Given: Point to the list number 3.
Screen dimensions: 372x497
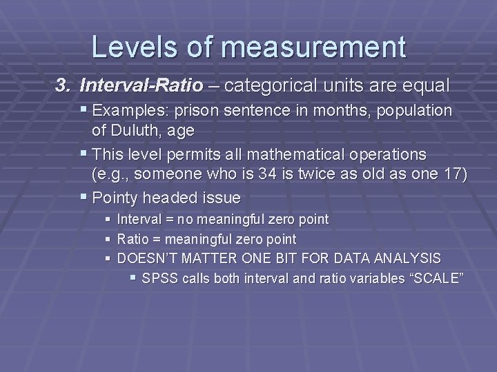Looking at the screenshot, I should pyautogui.click(x=63, y=86).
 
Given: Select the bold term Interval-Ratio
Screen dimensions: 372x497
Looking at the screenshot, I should pyautogui.click(x=142, y=86).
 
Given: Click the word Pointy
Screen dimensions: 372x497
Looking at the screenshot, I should pyautogui.click(x=117, y=198).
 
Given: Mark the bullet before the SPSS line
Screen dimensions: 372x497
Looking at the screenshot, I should pyautogui.click(x=133, y=278).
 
